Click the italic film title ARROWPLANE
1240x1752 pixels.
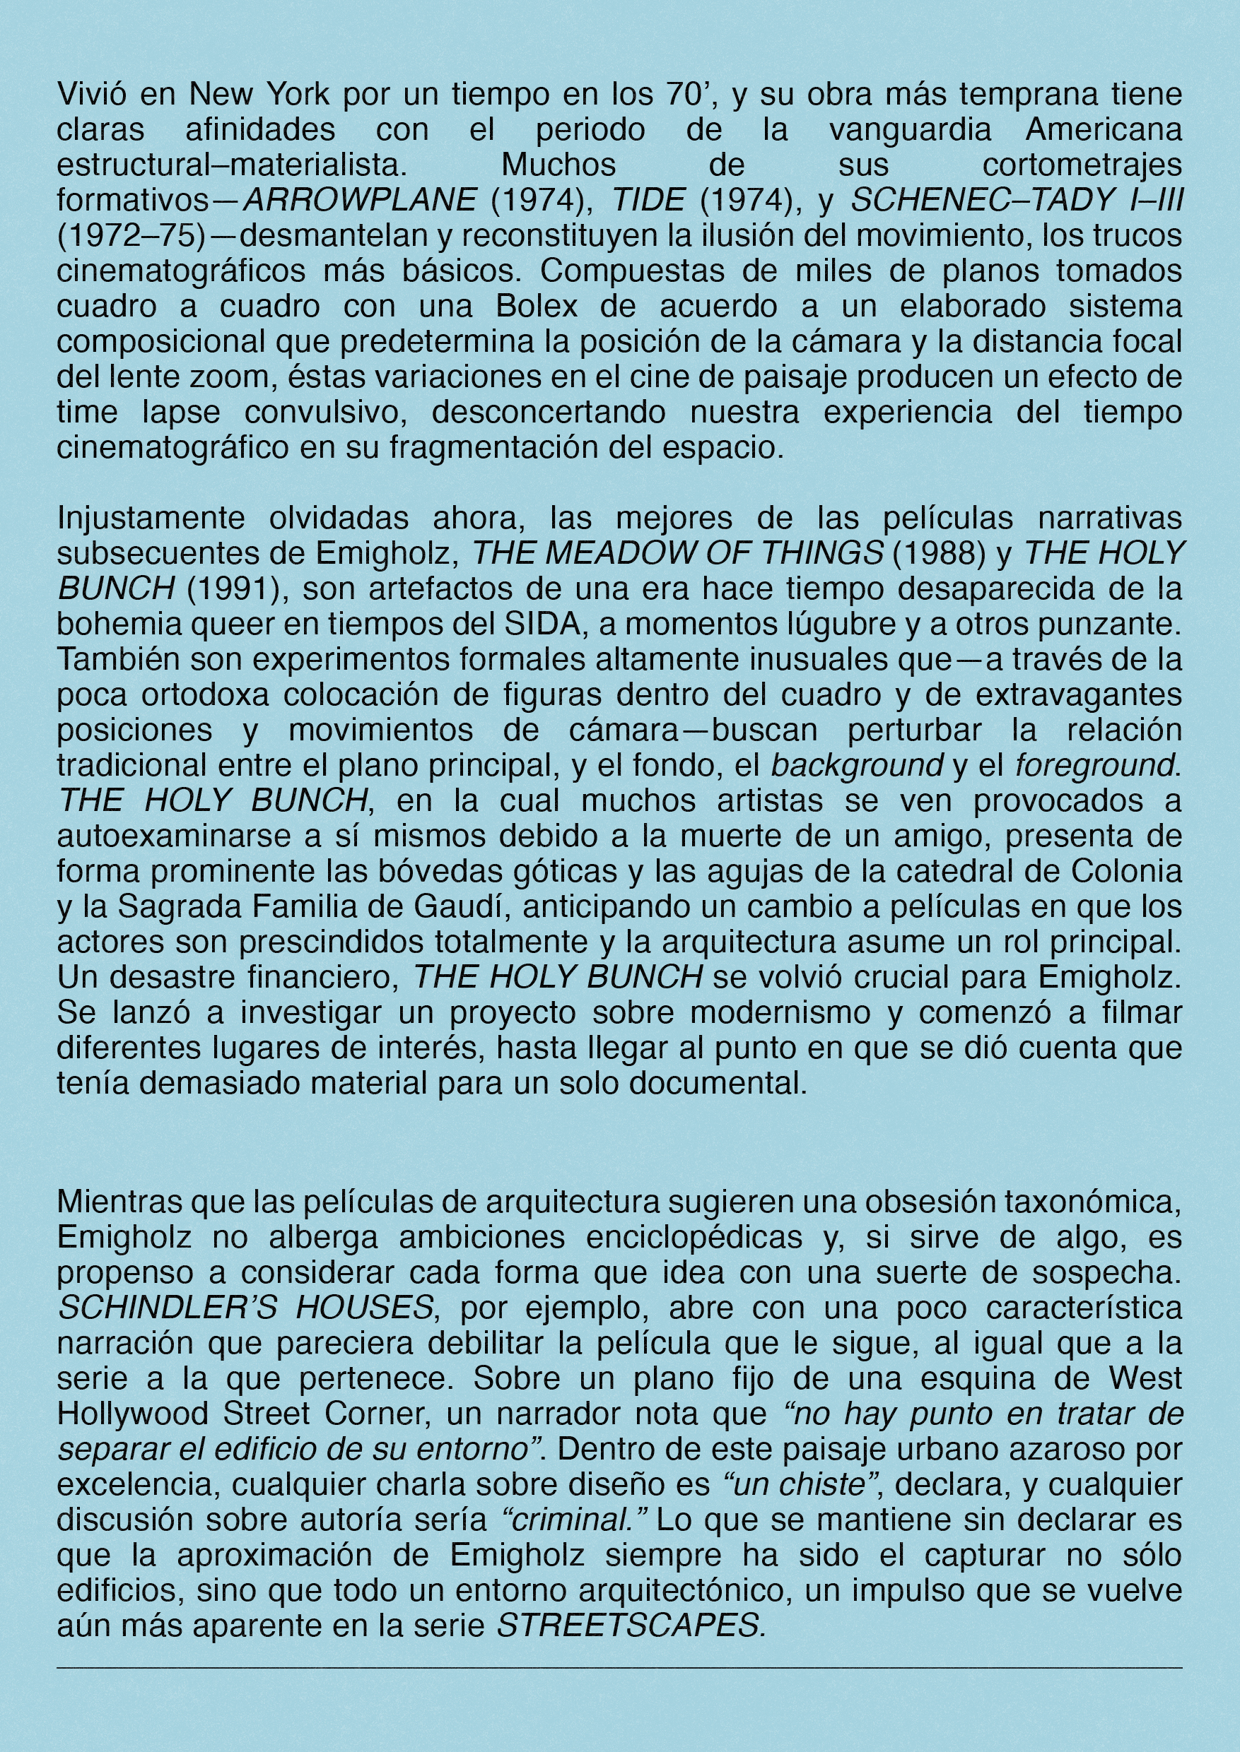coord(360,200)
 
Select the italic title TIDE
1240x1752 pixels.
coord(648,200)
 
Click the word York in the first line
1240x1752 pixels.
coord(298,94)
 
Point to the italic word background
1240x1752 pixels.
coord(857,765)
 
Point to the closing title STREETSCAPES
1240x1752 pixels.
coord(631,1626)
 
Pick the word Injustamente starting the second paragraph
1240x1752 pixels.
coord(151,518)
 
